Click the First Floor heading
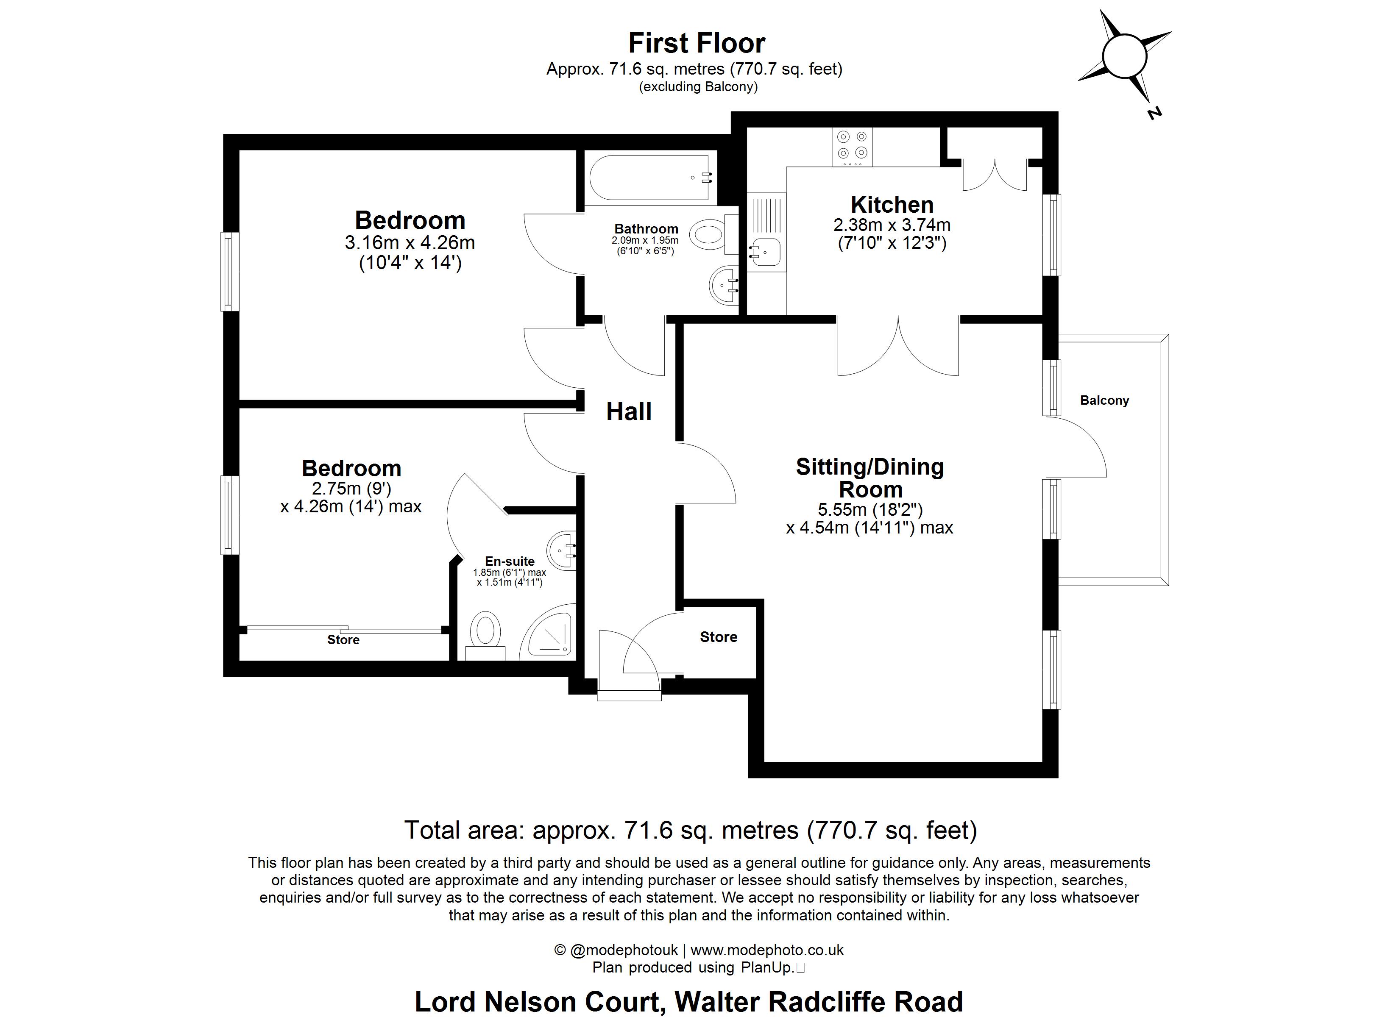coord(697,43)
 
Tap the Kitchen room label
coord(892,204)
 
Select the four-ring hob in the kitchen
coord(852,146)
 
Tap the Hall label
coord(629,411)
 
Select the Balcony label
coord(1104,400)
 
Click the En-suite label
coord(510,561)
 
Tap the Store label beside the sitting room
coord(718,637)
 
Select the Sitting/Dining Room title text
coord(870,478)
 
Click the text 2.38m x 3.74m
coord(892,225)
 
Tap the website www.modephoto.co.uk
coord(767,950)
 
